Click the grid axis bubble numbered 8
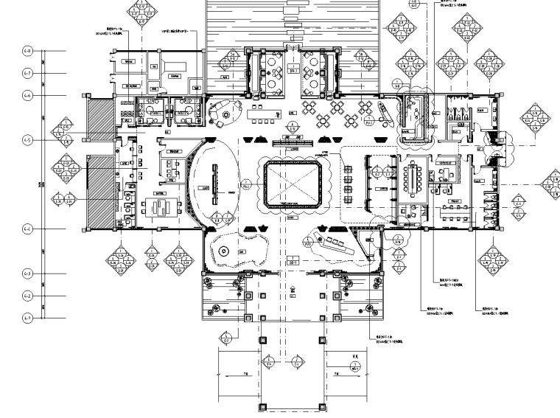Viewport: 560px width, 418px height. [x=28, y=51]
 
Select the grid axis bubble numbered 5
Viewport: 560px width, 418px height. [x=28, y=139]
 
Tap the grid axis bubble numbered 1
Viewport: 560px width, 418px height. [x=28, y=318]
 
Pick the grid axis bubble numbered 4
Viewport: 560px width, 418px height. [x=28, y=230]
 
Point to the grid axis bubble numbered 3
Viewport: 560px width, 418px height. [x=28, y=274]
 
